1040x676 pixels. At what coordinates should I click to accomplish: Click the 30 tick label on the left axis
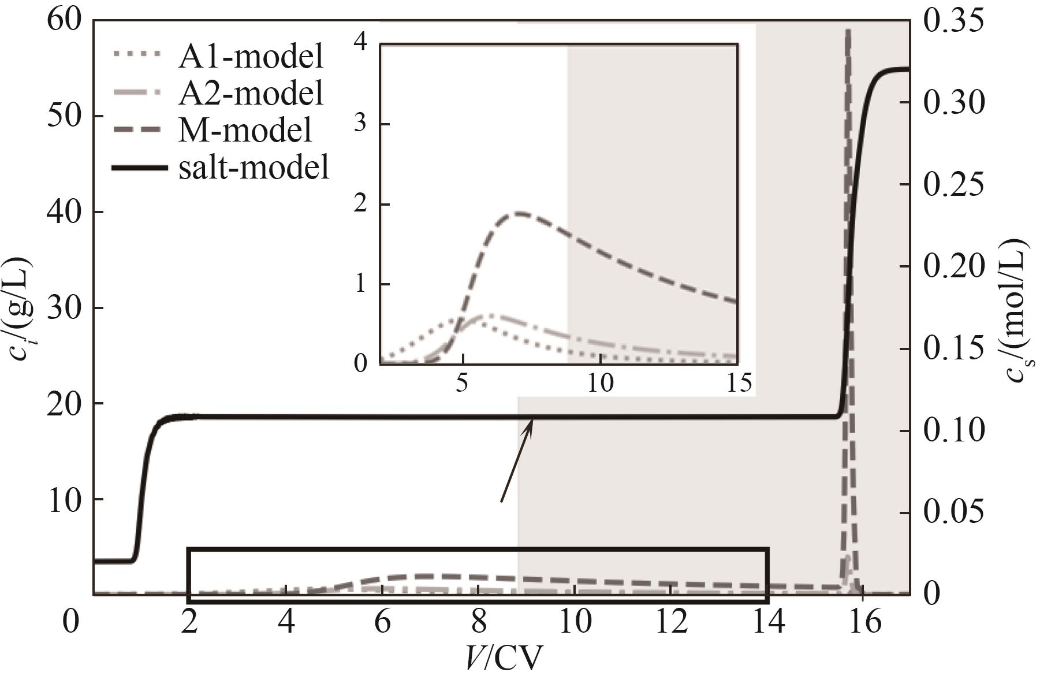coord(66,307)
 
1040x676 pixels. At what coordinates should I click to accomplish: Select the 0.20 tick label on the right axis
coord(953,266)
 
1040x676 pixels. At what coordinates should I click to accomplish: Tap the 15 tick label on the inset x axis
coord(738,383)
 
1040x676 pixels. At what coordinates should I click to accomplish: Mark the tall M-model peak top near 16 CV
coord(848,30)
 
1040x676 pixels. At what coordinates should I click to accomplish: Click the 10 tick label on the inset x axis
coord(600,383)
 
